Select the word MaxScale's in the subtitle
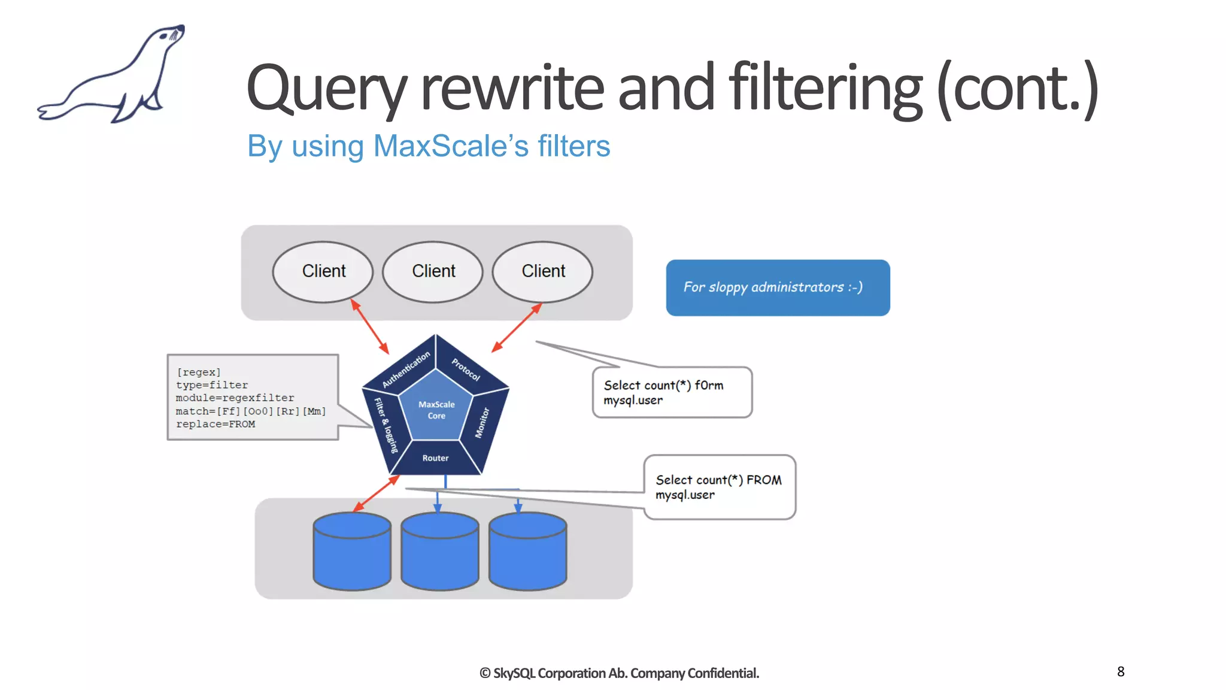[x=451, y=146]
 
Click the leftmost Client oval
[x=323, y=271]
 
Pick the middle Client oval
[x=433, y=271]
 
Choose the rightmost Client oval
[x=543, y=271]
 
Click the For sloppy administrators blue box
[x=777, y=287]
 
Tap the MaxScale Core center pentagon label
[x=436, y=410]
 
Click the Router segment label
[x=435, y=458]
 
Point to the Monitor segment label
[x=482, y=423]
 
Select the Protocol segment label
[x=466, y=369]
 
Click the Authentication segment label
[x=406, y=369]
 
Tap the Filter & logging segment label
[x=386, y=425]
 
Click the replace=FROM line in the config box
[x=216, y=424]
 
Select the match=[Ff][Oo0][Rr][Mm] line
[x=250, y=411]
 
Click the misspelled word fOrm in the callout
[x=709, y=386]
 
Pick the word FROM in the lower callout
[x=764, y=480]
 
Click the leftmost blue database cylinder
[x=352, y=551]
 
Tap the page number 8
[x=1121, y=671]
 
